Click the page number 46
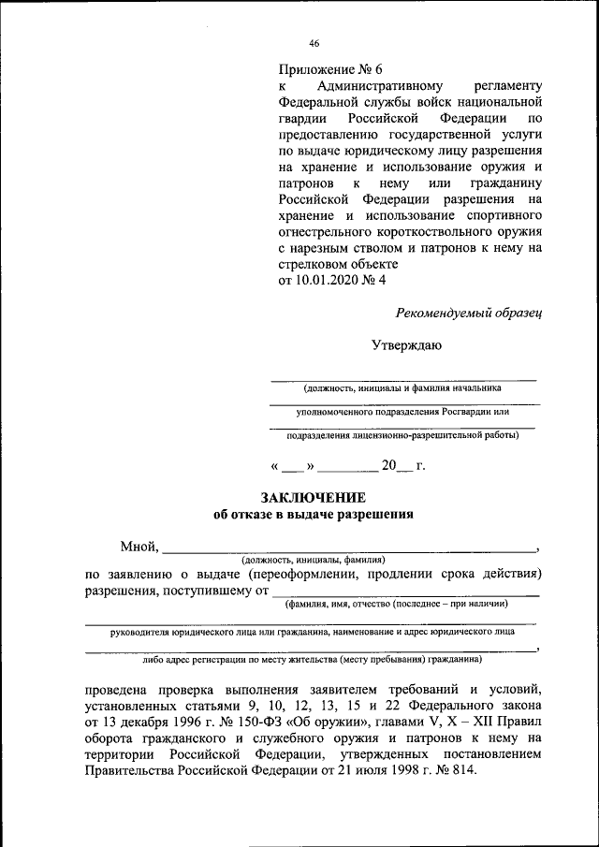(314, 43)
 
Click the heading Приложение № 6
(330, 68)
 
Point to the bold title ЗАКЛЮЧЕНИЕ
(313, 497)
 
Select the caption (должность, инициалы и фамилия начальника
(402, 387)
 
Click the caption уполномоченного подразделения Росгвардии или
(402, 411)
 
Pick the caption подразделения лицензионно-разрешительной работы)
(402, 434)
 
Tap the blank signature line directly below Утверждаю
(402, 377)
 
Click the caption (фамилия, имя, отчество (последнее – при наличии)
(397, 604)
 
